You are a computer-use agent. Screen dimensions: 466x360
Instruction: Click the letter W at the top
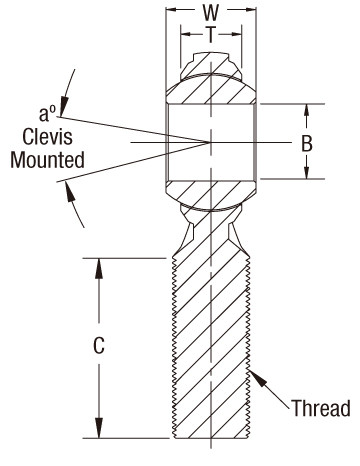tap(210, 15)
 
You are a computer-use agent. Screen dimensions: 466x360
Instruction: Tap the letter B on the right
tap(307, 142)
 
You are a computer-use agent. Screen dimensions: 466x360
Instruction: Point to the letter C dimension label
tap(99, 347)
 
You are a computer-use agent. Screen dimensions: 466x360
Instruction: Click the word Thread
tap(321, 408)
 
